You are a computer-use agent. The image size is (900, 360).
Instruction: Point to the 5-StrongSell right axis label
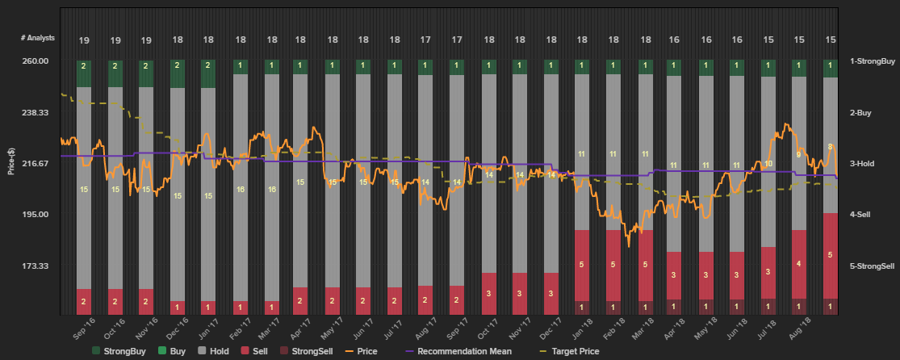pyautogui.click(x=873, y=266)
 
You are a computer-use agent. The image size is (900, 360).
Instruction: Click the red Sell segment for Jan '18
pyautogui.click(x=581, y=265)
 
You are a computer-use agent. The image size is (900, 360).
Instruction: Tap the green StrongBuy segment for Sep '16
pyautogui.click(x=84, y=73)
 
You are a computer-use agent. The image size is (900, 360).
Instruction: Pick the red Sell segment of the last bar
pyautogui.click(x=830, y=255)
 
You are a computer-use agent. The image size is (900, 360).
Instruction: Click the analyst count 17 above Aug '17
pyautogui.click(x=425, y=40)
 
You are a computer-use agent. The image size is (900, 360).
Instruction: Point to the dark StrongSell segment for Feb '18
pyautogui.click(x=613, y=307)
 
